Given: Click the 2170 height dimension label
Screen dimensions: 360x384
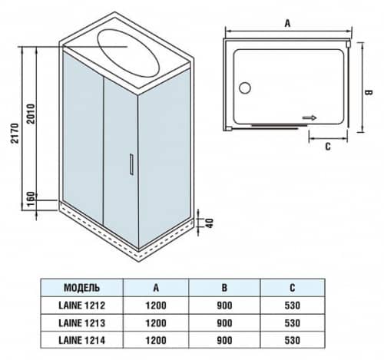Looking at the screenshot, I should point(8,129).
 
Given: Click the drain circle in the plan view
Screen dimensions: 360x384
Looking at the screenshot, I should point(243,88).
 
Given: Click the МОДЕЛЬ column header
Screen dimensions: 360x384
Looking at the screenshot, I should point(81,289).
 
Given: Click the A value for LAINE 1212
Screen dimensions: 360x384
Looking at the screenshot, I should point(156,305).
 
